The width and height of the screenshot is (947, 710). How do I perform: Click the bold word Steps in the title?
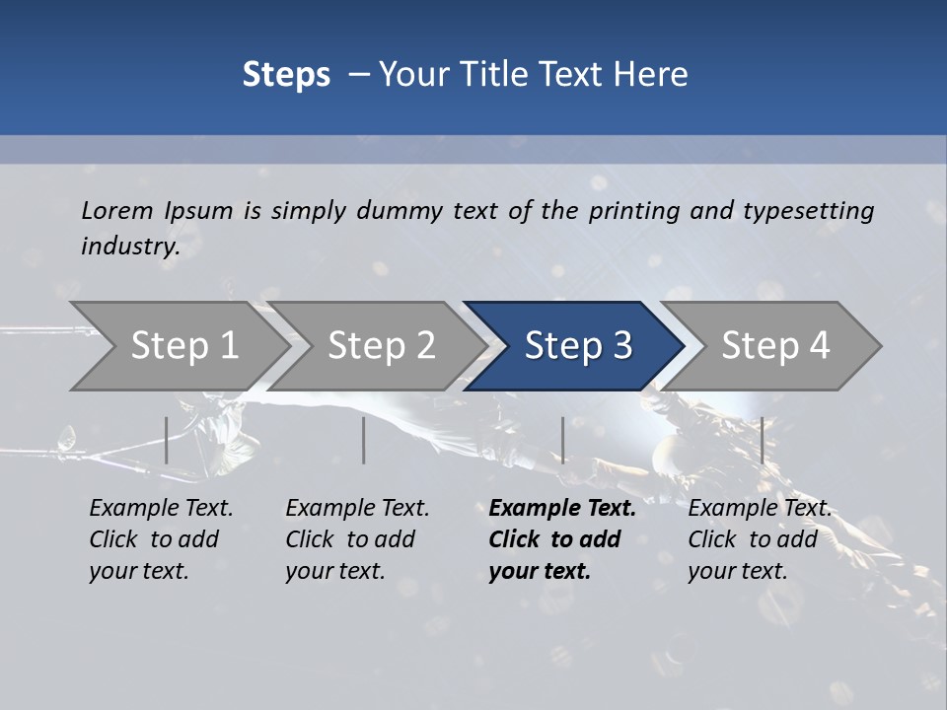pos(286,75)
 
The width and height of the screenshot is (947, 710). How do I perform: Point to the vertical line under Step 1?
pos(167,440)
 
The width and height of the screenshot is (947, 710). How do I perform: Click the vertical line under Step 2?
pos(364,440)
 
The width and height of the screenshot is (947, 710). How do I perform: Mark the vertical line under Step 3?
pos(562,440)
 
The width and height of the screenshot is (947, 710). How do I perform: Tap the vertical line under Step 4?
pos(762,440)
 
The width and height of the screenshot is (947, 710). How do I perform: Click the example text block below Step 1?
pos(161,539)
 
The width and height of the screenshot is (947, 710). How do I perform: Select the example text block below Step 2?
pos(357,539)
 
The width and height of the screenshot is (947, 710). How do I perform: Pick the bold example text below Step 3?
pos(561,539)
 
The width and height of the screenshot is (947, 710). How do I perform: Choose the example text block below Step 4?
pos(759,539)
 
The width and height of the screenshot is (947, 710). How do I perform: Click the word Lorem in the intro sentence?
pos(117,211)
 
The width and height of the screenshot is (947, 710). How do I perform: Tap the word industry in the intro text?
pos(128,247)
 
